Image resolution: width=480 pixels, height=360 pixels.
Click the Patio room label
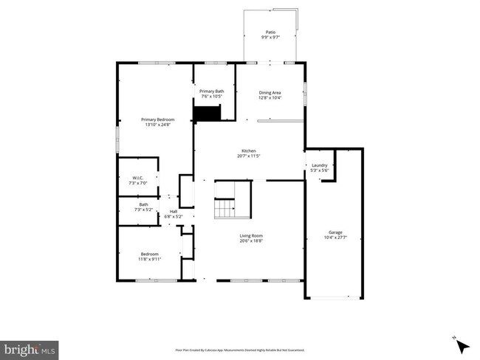(x=270, y=30)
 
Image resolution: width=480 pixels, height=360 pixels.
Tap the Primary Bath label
(x=211, y=91)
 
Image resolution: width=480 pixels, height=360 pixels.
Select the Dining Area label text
(x=270, y=93)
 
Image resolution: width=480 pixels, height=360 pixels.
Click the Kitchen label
(x=250, y=150)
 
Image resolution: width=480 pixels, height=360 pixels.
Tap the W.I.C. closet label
(x=137, y=178)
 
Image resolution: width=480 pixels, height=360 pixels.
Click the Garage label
(x=335, y=232)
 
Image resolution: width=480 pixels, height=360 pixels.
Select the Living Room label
(x=250, y=236)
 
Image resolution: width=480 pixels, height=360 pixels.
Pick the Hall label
(x=174, y=212)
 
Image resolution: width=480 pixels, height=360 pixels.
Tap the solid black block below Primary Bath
(x=208, y=113)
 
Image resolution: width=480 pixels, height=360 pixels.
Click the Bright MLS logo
(x=30, y=348)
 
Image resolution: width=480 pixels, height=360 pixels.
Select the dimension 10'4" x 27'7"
(x=335, y=238)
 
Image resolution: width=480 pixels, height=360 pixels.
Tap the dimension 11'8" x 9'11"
(x=148, y=260)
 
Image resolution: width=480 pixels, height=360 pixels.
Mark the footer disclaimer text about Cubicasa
(x=239, y=350)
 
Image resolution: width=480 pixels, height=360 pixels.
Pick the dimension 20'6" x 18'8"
(x=250, y=241)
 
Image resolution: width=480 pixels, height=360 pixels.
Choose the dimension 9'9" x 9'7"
(x=270, y=35)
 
